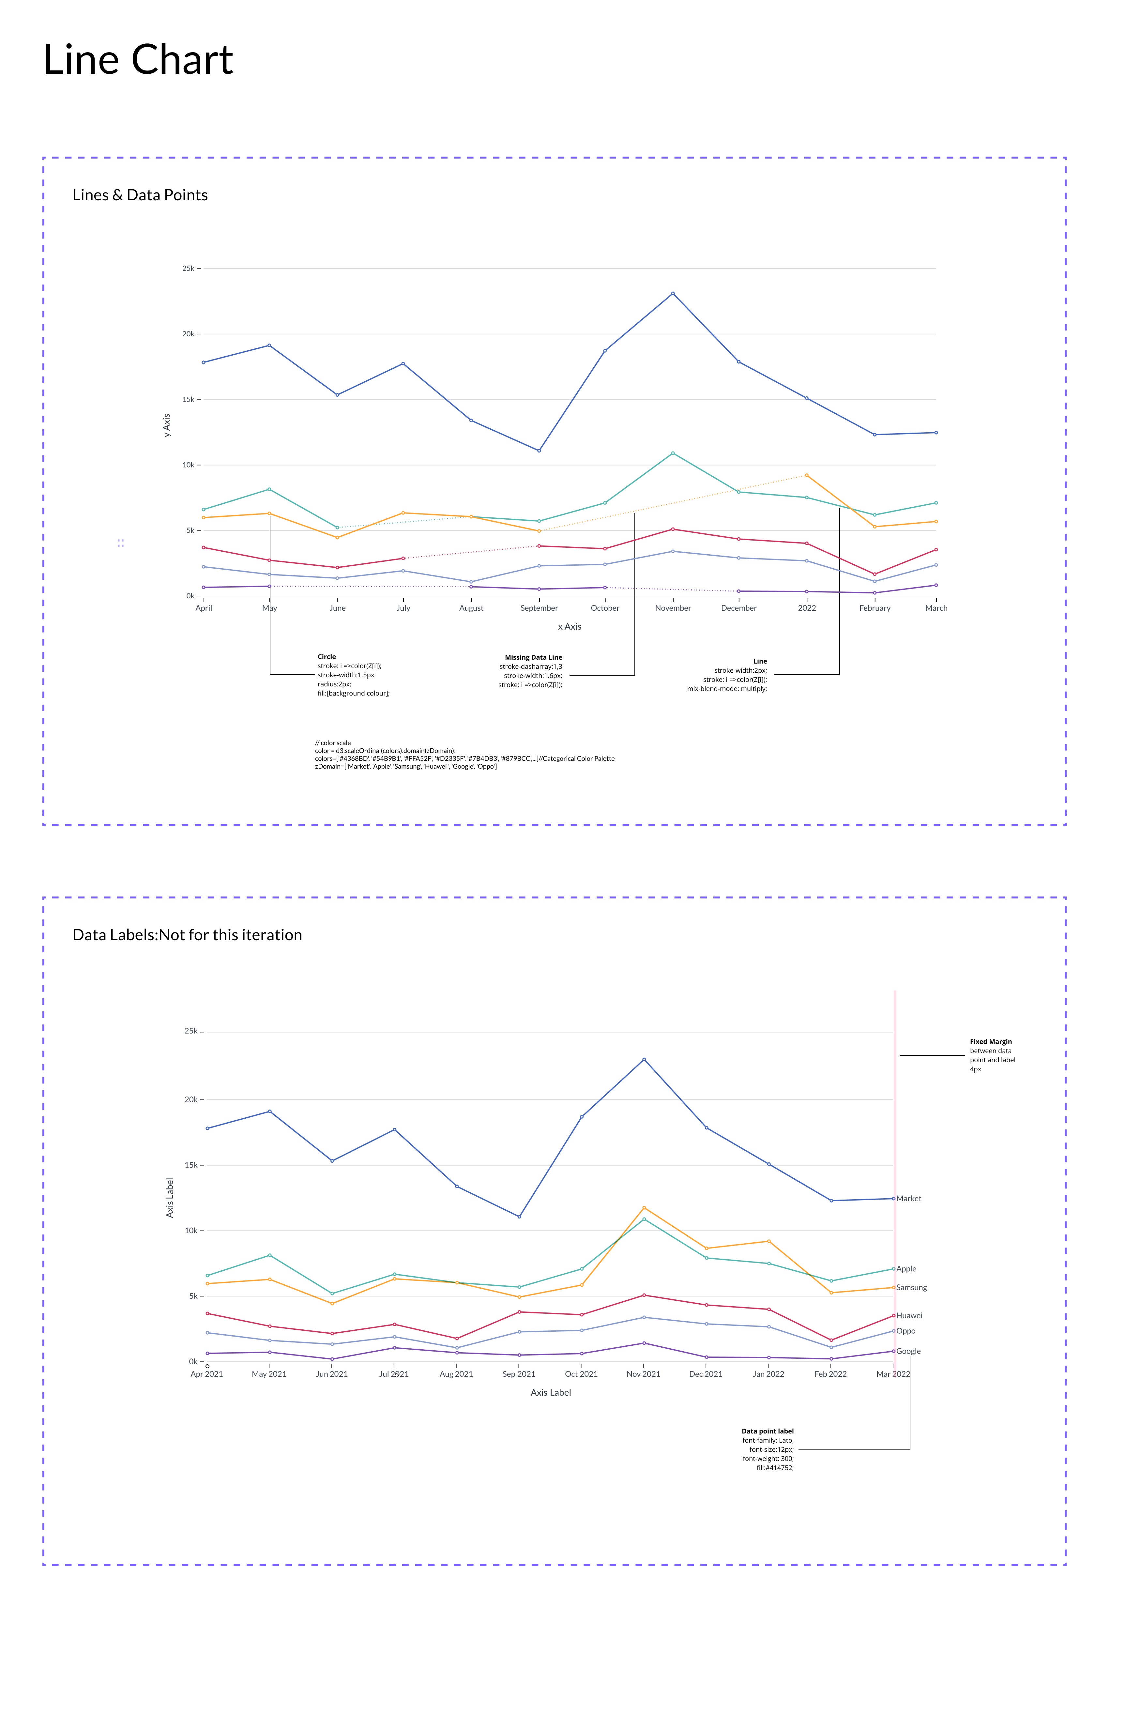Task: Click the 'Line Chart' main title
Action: (138, 60)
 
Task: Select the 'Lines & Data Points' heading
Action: (140, 195)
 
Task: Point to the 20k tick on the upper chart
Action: (189, 334)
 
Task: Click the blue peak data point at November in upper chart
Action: (672, 293)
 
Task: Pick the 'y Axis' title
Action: (167, 425)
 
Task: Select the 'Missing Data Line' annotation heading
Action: (533, 657)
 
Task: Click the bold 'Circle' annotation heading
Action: (327, 656)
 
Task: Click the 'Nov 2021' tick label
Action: (643, 1374)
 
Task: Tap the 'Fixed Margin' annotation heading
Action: (990, 1041)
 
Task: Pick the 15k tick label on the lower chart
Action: (190, 1165)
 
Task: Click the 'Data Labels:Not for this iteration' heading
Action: (187, 935)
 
